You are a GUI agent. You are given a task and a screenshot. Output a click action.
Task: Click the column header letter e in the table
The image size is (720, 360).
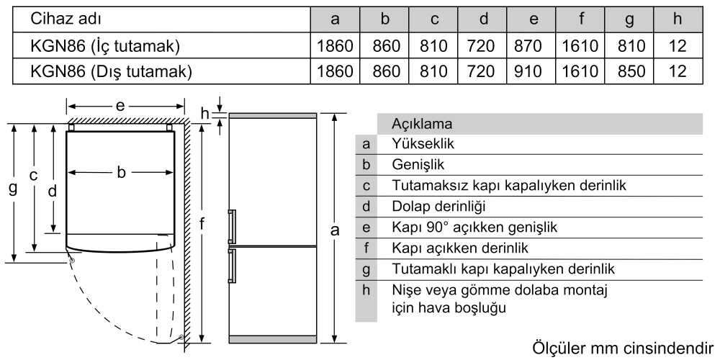point(533,19)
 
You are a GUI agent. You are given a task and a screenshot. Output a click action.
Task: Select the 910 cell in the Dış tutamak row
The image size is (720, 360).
point(533,71)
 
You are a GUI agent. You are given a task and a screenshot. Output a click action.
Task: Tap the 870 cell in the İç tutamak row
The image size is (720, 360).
point(533,45)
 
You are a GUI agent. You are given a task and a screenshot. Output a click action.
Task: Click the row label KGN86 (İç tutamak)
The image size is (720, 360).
point(104,46)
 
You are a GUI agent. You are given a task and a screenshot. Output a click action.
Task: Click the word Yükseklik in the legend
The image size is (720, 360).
point(423,144)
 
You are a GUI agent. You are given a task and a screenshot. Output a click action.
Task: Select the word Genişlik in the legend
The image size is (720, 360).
point(418,164)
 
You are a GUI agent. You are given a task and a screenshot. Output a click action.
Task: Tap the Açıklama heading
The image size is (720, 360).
point(422,124)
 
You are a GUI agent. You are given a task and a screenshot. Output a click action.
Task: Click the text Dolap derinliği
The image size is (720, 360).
point(438,207)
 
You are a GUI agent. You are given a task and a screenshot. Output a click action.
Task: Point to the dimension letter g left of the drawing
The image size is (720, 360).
point(13,188)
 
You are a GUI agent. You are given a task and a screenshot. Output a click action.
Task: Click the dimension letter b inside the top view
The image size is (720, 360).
point(121,172)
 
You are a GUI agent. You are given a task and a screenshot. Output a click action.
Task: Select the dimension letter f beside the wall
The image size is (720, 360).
point(202,224)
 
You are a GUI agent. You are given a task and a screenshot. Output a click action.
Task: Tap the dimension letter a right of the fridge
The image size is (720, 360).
point(336,230)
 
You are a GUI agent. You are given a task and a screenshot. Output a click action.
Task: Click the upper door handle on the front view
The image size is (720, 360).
point(232,226)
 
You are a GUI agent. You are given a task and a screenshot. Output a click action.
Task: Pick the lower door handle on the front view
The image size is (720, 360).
point(232,265)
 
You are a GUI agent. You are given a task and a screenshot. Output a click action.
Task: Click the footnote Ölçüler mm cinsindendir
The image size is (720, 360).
point(624,348)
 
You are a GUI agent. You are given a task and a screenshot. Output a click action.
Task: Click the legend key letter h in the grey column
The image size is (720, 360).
point(366,290)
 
